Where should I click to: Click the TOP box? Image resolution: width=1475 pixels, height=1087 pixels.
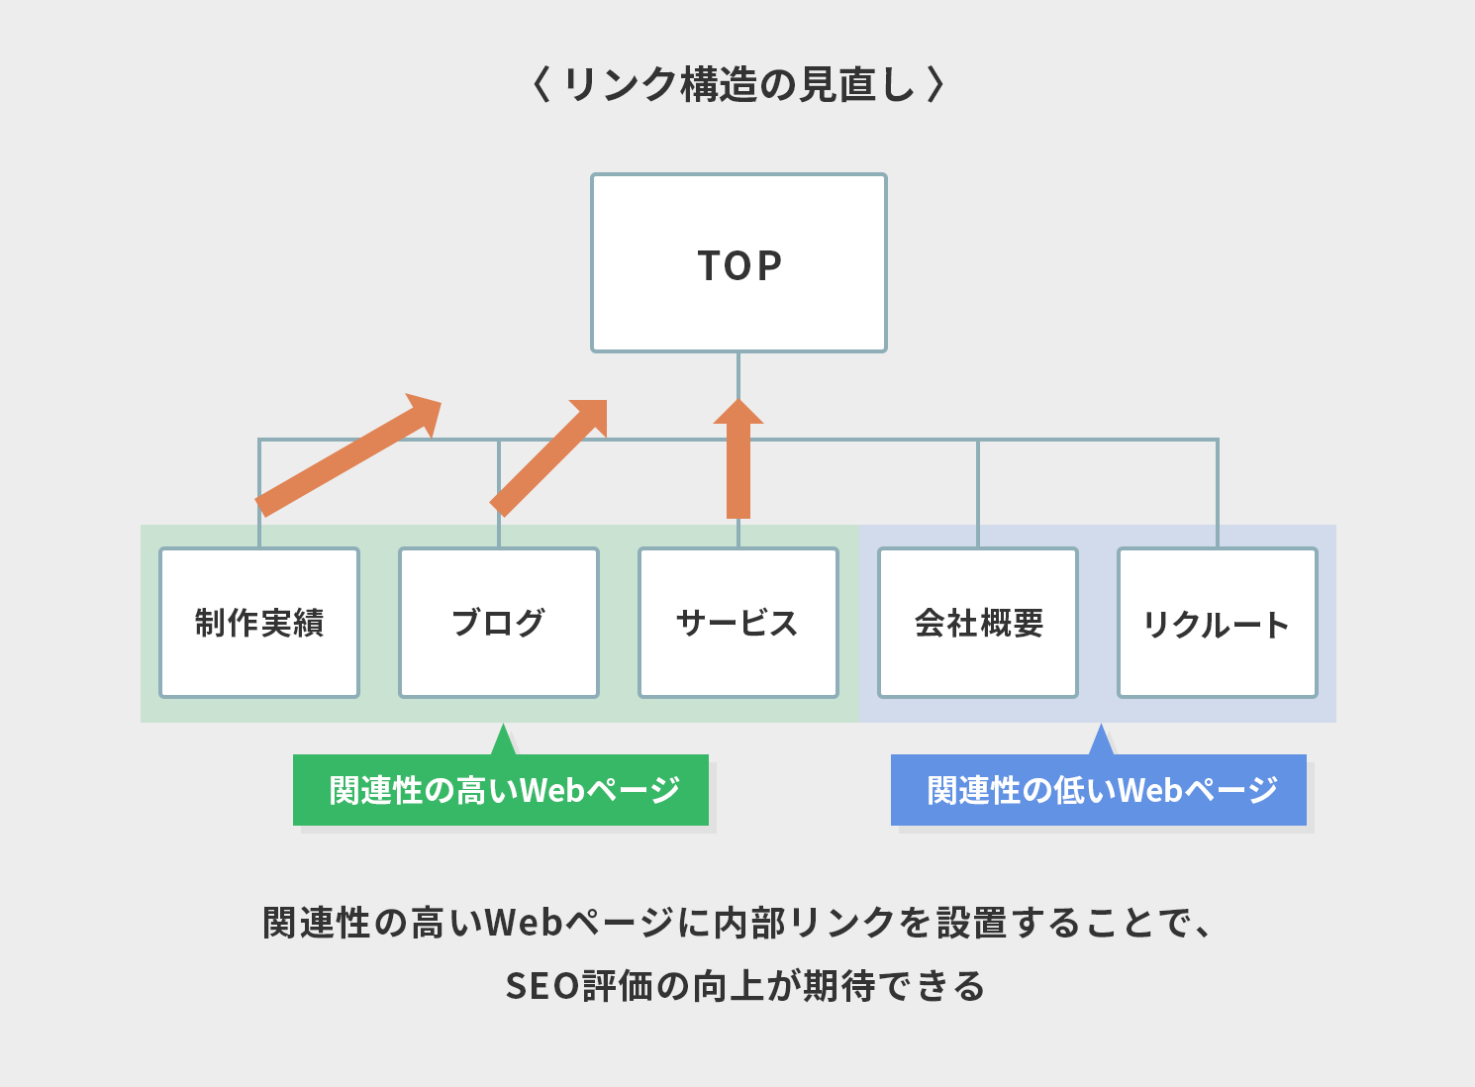click(738, 263)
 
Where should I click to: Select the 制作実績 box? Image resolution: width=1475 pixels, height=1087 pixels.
click(259, 623)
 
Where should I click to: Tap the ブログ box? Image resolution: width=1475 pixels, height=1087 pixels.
click(499, 623)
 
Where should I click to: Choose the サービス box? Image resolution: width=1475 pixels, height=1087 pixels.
click(738, 623)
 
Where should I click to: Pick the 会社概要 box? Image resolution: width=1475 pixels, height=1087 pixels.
click(978, 623)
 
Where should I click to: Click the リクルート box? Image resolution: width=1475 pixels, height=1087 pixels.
click(1218, 623)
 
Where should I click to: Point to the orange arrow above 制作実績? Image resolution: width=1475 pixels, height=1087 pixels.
click(348, 455)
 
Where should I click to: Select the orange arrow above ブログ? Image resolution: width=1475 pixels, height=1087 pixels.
click(548, 458)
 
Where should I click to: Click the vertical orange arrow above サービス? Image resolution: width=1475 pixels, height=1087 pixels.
click(738, 459)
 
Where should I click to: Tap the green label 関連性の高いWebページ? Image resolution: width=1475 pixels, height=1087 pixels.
click(501, 790)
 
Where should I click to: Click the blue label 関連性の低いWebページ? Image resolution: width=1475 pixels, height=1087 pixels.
click(1099, 790)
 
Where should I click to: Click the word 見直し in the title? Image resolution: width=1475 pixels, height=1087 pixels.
click(857, 84)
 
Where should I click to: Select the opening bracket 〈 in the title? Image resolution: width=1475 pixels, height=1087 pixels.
click(541, 84)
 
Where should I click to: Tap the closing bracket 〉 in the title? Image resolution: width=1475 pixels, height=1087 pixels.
click(935, 84)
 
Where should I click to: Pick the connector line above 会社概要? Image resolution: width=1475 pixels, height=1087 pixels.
click(978, 493)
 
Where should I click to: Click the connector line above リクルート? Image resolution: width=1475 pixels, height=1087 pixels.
click(1218, 493)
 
